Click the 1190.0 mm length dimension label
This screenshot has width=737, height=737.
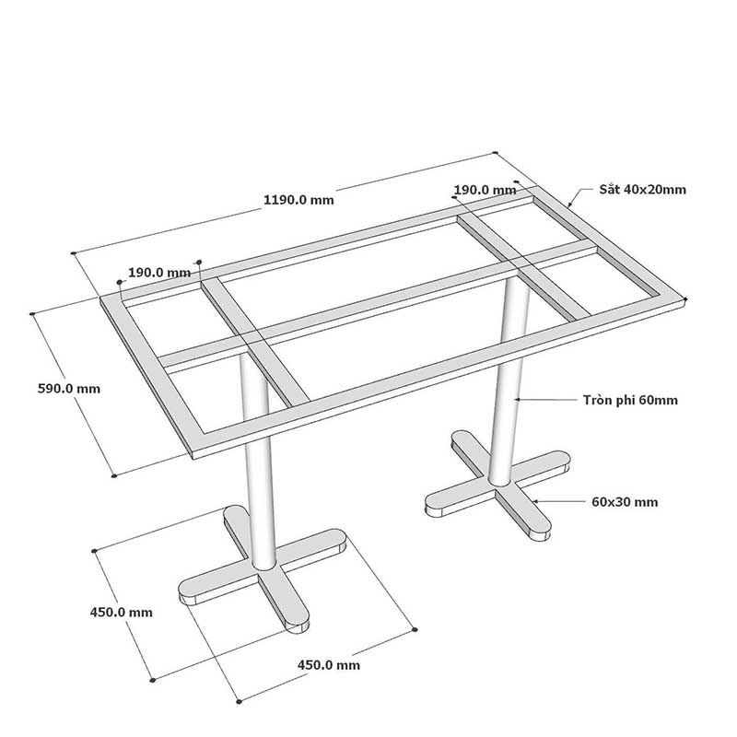298,200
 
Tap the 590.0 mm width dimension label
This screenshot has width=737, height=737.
68,389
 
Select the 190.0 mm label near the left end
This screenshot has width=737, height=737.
159,273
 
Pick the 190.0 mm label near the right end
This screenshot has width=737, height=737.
485,190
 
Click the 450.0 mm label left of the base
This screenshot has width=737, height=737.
122,613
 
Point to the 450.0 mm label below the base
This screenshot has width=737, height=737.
329,665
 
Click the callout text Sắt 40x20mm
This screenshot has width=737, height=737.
642,190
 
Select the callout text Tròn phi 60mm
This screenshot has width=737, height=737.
630,400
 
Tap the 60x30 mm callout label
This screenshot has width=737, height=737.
625,502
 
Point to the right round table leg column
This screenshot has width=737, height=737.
510,380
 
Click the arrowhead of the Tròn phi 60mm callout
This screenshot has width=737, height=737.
516,399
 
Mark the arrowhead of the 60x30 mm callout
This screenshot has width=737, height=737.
534,501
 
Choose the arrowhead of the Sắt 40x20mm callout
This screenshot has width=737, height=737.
569,205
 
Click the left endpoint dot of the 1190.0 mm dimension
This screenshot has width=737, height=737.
74,253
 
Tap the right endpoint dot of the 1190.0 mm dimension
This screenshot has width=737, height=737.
495,153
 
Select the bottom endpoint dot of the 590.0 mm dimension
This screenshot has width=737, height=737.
113,475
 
